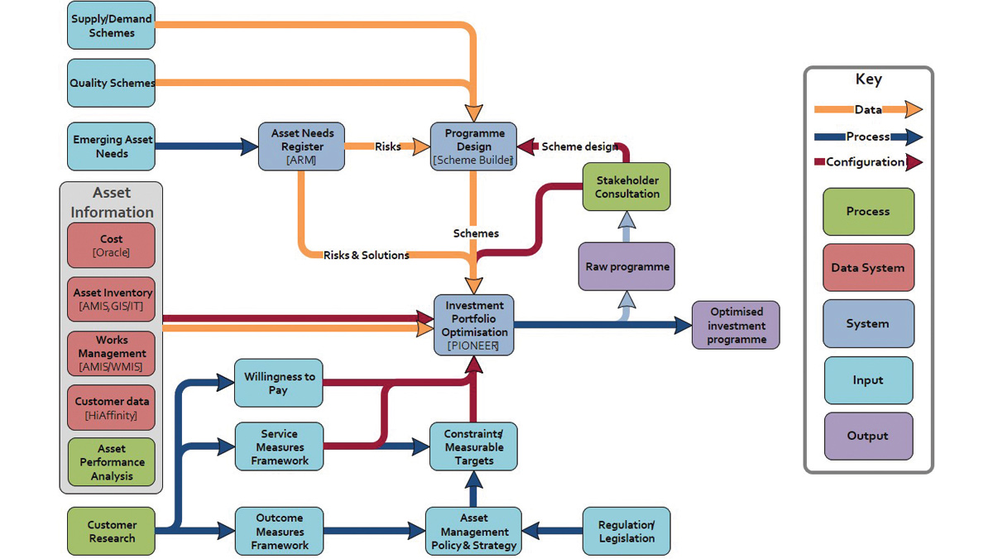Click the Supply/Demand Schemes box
point(111,25)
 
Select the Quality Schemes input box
point(111,83)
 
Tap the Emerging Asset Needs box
point(111,147)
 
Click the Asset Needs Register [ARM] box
point(302,147)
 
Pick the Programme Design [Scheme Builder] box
point(473,147)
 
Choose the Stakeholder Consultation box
point(627,187)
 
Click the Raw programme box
point(626,267)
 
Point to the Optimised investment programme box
point(736,325)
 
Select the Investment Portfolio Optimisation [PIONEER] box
point(473,325)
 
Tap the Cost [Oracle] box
point(111,245)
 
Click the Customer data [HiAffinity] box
point(111,407)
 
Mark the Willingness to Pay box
point(278,383)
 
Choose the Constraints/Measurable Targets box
point(473,447)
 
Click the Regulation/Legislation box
point(626,532)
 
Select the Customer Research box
point(111,532)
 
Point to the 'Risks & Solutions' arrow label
point(366,255)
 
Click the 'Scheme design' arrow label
point(579,147)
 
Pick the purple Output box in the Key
point(868,436)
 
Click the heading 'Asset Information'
point(111,202)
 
